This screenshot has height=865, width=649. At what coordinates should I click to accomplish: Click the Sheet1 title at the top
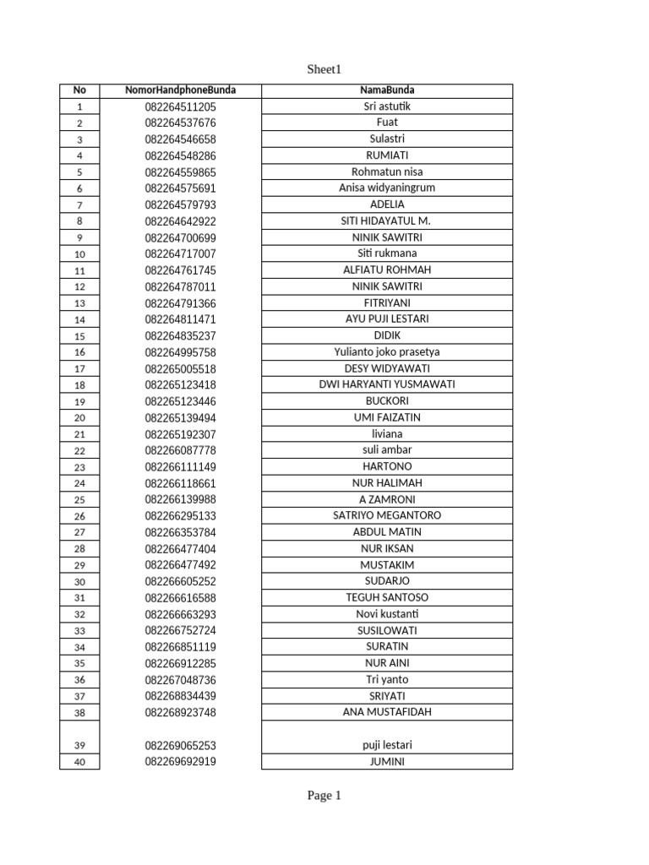tap(324, 69)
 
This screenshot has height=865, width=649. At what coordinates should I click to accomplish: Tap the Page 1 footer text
tap(324, 795)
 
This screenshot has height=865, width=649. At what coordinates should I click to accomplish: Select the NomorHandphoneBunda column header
tap(180, 90)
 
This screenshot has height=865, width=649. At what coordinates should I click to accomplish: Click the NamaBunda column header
tap(387, 90)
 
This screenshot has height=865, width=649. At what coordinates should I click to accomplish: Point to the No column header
tap(79, 90)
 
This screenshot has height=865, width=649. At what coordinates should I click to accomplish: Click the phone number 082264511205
tap(180, 106)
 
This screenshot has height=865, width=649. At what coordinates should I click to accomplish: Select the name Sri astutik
tap(387, 106)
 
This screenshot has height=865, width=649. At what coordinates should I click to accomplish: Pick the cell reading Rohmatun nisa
tap(387, 171)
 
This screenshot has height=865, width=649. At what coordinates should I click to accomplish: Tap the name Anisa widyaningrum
tap(387, 188)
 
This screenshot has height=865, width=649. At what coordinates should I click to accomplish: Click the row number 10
tap(79, 253)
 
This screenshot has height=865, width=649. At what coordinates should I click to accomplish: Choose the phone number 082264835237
tap(180, 335)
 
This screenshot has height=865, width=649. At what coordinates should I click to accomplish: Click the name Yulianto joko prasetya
tap(387, 351)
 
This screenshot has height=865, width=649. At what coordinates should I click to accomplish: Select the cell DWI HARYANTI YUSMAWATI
tap(387, 384)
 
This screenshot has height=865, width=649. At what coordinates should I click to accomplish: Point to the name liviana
tap(387, 433)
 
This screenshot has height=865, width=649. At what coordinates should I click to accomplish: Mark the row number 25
tap(79, 499)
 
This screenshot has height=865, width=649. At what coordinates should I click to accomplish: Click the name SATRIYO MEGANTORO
tap(387, 515)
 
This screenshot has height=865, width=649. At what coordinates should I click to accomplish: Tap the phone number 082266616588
tap(180, 597)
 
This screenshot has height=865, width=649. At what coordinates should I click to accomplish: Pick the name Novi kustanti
tap(387, 613)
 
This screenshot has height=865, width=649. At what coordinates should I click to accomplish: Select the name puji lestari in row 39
tap(387, 745)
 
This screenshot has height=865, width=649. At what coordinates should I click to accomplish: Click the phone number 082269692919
tap(180, 761)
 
